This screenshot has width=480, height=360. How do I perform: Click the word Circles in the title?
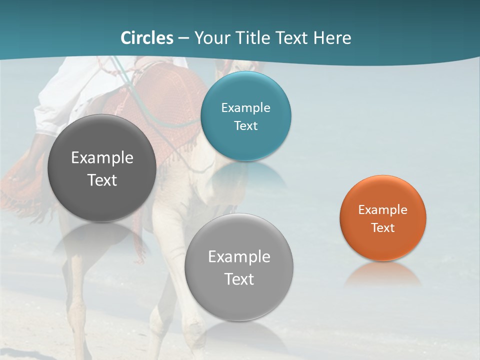146,38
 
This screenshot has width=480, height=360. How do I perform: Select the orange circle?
383,245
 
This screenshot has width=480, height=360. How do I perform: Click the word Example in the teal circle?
246,108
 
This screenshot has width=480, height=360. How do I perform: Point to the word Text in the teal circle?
246,126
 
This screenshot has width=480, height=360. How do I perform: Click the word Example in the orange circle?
383,210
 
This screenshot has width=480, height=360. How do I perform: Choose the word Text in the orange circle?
383,228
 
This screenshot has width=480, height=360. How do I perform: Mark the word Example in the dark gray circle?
102,158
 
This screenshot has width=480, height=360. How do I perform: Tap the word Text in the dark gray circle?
102,180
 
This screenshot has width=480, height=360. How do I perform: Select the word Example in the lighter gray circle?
239,257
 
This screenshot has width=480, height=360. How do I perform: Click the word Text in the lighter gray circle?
239,279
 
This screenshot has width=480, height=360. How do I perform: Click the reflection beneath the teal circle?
246,172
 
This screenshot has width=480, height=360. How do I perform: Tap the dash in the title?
183,38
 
